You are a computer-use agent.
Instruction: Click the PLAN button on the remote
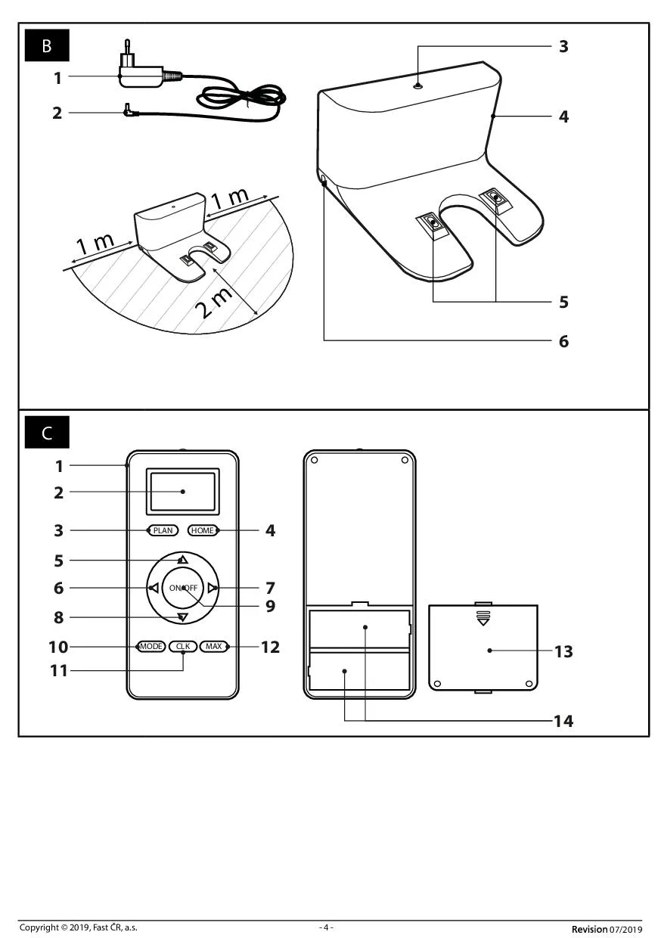(163, 530)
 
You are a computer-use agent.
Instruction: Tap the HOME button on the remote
(203, 530)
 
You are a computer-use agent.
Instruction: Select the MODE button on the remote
(151, 646)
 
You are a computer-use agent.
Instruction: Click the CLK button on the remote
(183, 646)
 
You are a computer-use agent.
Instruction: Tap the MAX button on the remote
(213, 646)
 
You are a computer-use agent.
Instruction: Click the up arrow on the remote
(182, 560)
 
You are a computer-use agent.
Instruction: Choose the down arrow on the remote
(182, 617)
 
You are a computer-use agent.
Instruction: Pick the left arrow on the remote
(154, 588)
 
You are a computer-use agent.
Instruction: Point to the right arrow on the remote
(213, 588)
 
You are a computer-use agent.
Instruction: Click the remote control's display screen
(182, 491)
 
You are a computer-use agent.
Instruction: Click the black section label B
(47, 45)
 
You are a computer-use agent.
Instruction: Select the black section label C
(47, 432)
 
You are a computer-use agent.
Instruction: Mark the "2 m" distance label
(214, 303)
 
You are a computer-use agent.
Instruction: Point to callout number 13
(563, 651)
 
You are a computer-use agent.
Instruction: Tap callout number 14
(563, 721)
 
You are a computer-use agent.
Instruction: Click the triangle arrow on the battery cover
(483, 623)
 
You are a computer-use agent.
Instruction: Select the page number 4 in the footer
(327, 927)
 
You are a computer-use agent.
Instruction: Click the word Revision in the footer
(589, 929)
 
